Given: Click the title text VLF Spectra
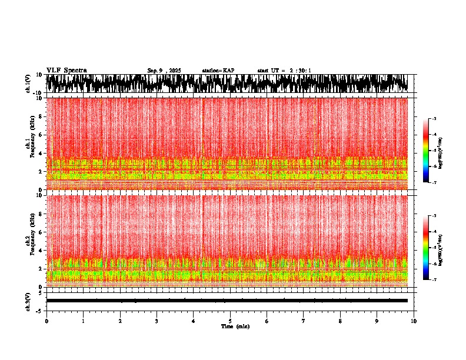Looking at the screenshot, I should point(66,70).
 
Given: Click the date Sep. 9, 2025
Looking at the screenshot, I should point(164,71).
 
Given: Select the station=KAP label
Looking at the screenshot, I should point(218,71).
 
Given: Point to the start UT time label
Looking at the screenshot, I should point(284,71).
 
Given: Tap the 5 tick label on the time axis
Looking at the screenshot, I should point(230,321).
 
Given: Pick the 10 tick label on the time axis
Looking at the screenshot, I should point(414,321).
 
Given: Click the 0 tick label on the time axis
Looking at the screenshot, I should point(46,321).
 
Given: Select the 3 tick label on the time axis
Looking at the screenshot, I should point(157,321).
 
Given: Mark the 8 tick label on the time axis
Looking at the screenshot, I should point(340,321).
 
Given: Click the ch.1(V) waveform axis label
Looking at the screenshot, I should point(28,84).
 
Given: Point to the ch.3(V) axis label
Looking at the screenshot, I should point(28,300).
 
